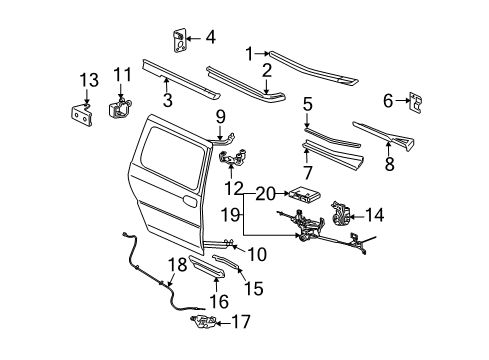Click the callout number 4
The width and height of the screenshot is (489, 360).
[210, 39]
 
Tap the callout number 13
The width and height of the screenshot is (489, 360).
[88, 80]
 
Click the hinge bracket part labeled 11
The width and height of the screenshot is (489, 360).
[124, 112]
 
